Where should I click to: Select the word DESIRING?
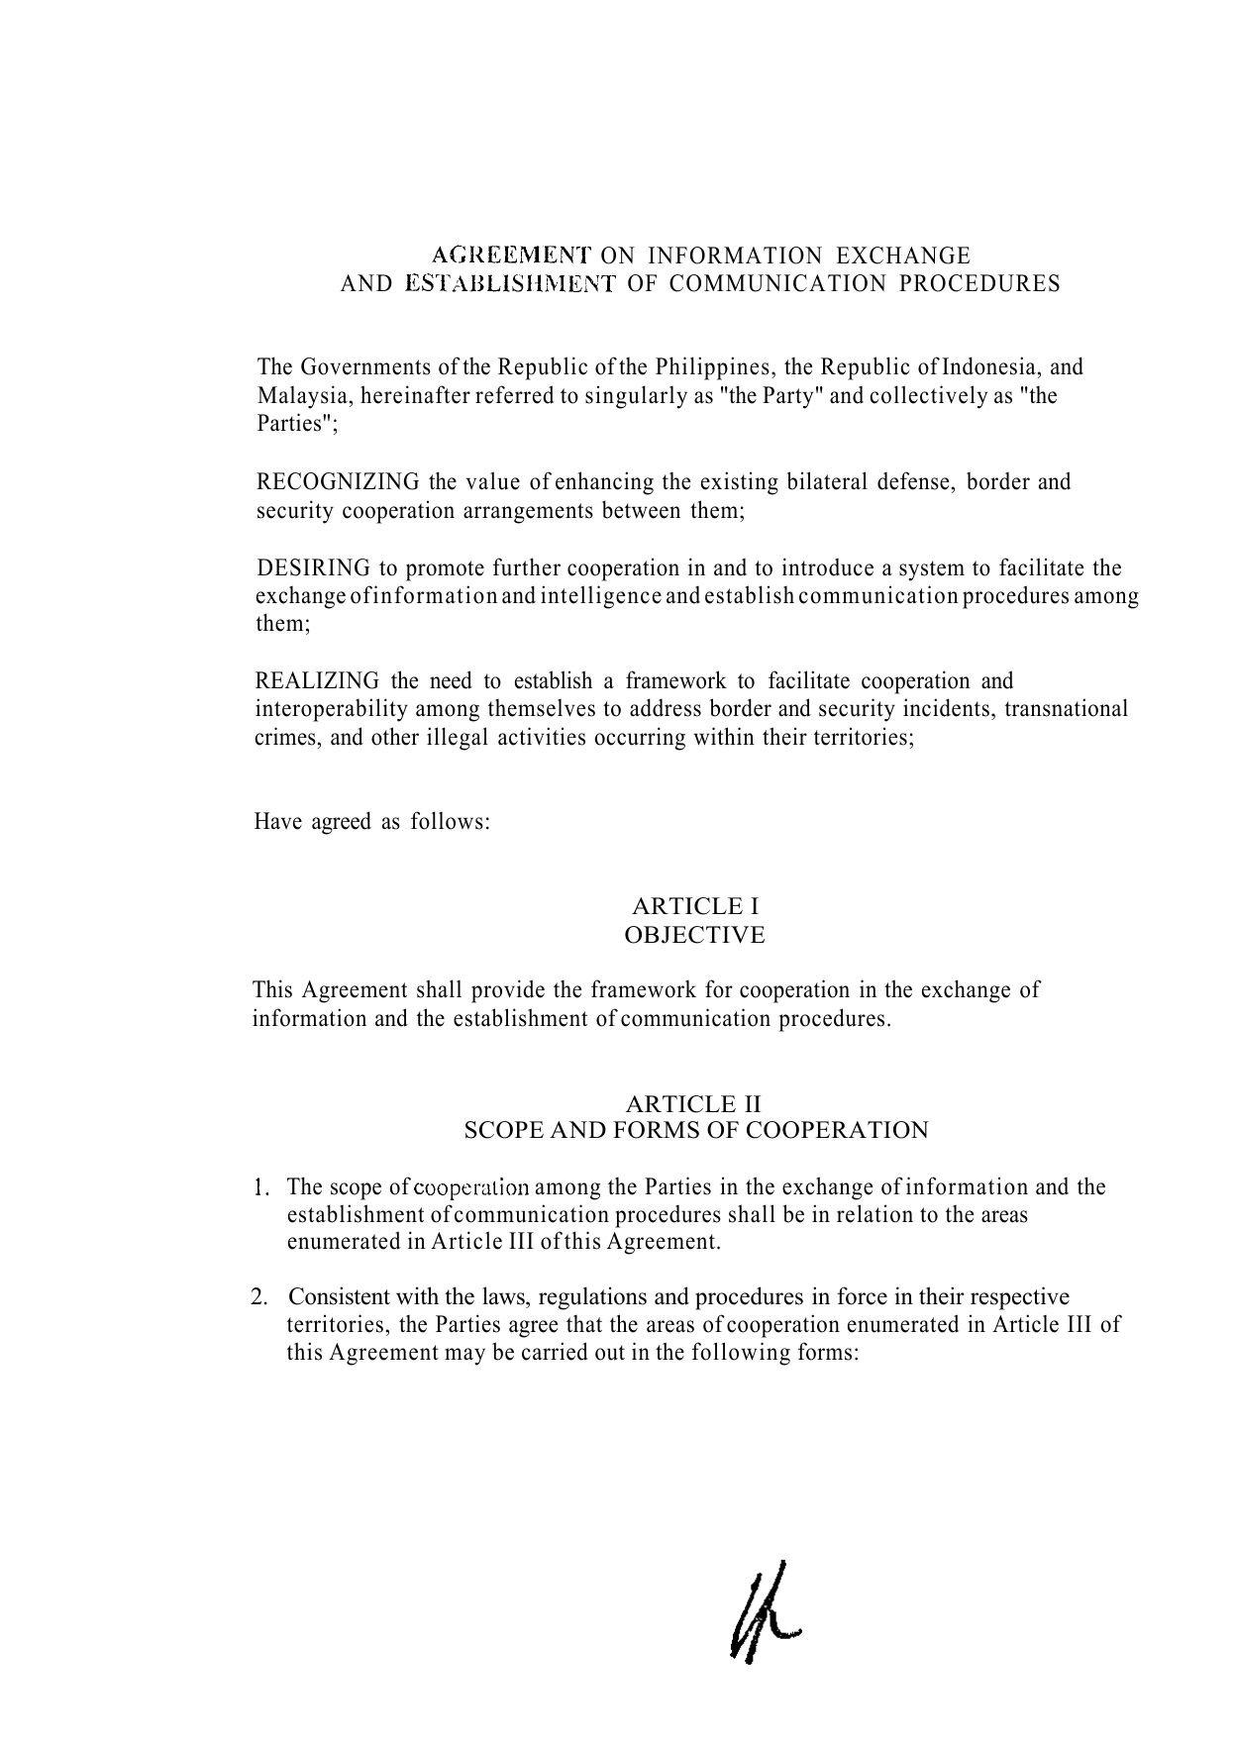pyautogui.click(x=313, y=568)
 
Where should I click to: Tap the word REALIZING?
pyautogui.click(x=317, y=681)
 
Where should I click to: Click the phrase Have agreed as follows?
pyautogui.click(x=372, y=822)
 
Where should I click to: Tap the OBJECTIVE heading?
pyautogui.click(x=695, y=935)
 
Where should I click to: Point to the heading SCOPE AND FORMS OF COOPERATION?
pyautogui.click(x=696, y=1130)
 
